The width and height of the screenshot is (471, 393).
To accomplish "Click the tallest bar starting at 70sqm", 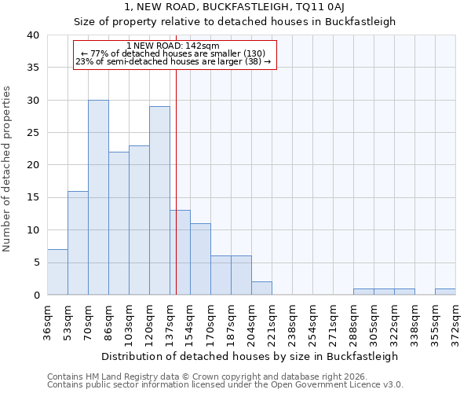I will (x=98, y=197).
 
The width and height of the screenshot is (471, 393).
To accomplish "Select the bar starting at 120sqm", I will (x=159, y=200).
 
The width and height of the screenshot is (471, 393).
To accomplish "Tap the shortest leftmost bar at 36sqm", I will (x=57, y=272).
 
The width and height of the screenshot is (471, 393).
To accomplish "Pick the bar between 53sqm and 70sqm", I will (x=78, y=243).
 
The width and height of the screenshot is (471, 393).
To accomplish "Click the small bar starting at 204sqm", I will (x=261, y=288).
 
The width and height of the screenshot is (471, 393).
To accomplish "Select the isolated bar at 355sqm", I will (x=445, y=292).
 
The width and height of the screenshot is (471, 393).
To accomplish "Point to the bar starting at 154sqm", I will (x=200, y=259).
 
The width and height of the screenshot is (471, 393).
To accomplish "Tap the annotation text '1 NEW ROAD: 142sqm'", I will (x=174, y=46).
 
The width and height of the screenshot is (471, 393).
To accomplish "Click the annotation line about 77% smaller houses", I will (x=174, y=53).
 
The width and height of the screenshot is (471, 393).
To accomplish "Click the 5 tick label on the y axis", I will (x=35, y=263).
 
